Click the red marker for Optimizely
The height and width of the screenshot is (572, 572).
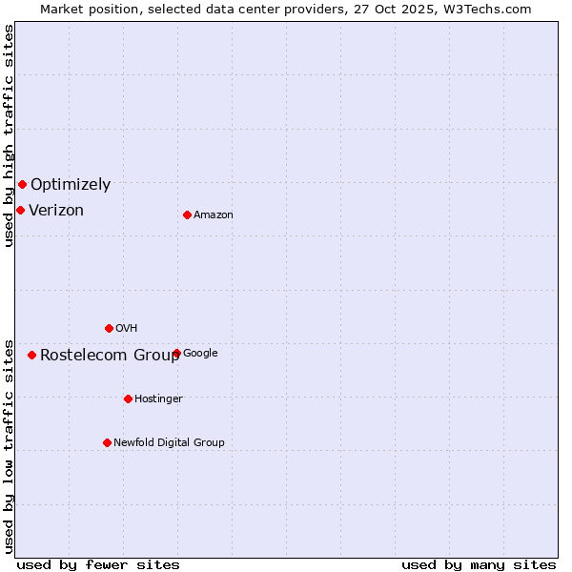22,184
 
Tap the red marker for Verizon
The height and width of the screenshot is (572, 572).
20,210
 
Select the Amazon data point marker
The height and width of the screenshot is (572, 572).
187,214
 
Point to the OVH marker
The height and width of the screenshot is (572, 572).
109,328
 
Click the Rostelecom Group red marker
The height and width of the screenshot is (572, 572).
31,355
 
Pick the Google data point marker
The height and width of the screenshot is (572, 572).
176,353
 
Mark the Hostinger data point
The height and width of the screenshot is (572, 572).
128,398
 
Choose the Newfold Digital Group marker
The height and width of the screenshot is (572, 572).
107,442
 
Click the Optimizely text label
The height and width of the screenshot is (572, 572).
71,185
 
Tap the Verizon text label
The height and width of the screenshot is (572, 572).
56,211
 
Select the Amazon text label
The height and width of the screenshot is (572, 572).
214,215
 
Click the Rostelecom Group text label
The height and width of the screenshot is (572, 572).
110,356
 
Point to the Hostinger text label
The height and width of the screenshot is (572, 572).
158,399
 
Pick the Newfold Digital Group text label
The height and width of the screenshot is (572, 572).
169,443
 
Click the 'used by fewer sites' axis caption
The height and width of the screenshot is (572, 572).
98,564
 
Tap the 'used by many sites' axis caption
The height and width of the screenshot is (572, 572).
479,564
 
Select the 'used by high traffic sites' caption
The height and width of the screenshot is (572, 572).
9,135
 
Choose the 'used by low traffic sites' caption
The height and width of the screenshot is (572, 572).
9,445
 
